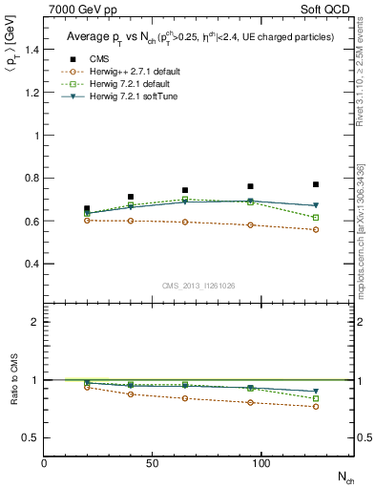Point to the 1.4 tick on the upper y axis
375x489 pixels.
[x=32, y=50]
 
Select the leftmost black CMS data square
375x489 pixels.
[x=87, y=208]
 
